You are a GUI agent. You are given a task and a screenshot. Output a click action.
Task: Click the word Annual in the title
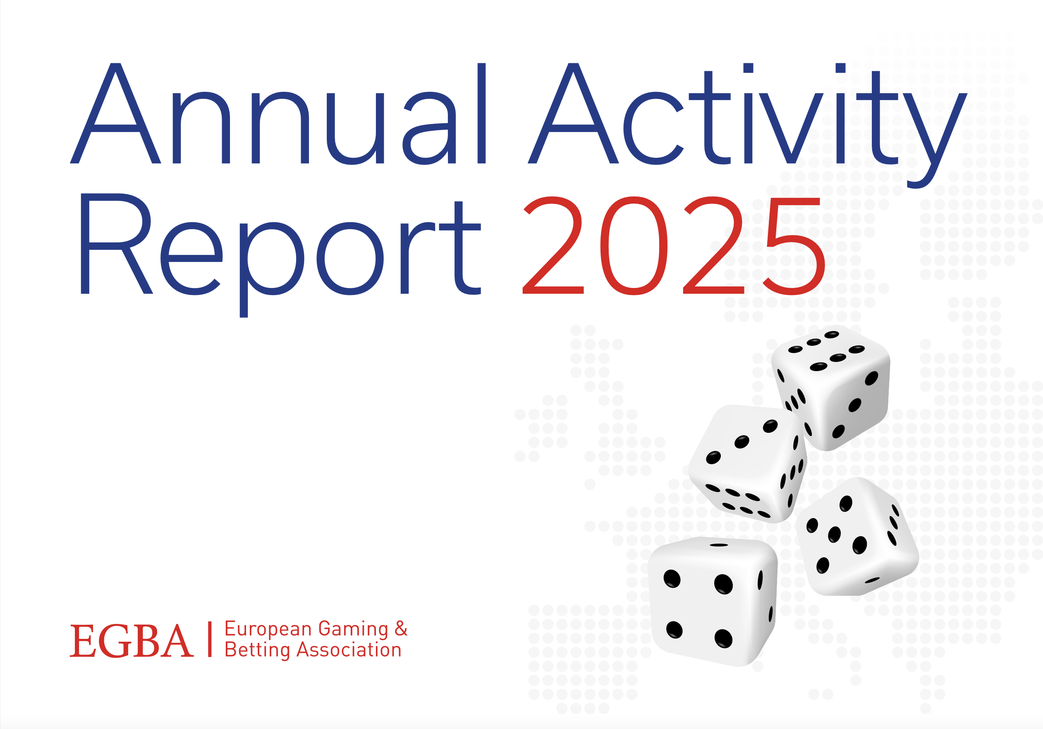pyautogui.click(x=278, y=113)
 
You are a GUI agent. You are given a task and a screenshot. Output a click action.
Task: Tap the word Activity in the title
pyautogui.click(x=747, y=125)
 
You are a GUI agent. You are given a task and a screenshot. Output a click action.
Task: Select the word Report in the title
pyautogui.click(x=281, y=255)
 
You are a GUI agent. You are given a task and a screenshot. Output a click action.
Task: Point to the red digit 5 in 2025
pyautogui.click(x=794, y=246)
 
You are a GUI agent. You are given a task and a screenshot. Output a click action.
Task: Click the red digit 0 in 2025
pyautogui.click(x=634, y=246)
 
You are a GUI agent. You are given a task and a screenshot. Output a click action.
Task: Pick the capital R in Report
pyautogui.click(x=116, y=244)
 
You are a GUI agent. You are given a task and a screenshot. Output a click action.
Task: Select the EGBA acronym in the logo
pyautogui.click(x=132, y=641)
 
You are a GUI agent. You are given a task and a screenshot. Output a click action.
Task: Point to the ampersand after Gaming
pyautogui.click(x=401, y=628)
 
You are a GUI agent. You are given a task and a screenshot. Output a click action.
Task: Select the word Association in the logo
pyautogui.click(x=349, y=650)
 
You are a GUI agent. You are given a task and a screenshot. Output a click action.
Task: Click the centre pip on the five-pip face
pyautogui.click(x=835, y=535)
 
